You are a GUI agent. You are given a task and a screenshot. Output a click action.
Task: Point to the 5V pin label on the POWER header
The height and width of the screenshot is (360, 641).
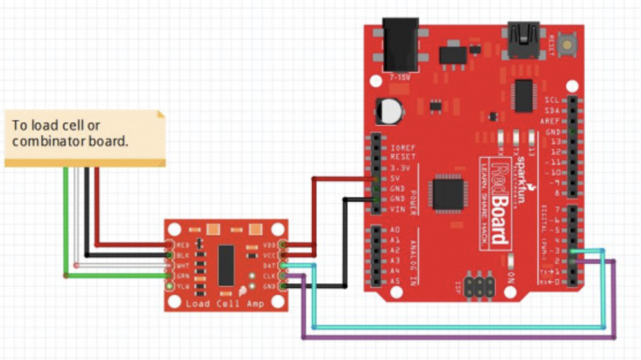(x=395, y=178)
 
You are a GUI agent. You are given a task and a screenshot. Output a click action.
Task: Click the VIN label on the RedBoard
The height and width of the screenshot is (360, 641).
(x=397, y=209)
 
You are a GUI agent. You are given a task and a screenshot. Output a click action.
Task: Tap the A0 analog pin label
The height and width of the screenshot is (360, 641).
(x=394, y=229)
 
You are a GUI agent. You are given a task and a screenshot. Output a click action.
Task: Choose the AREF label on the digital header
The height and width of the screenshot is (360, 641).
(x=550, y=121)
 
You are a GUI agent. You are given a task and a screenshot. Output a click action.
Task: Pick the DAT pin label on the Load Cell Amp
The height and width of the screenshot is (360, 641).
(x=269, y=265)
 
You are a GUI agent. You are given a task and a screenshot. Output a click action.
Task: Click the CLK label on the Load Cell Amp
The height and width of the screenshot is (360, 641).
(x=269, y=275)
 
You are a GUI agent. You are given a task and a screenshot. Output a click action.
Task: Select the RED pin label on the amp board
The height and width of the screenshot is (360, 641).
(x=183, y=245)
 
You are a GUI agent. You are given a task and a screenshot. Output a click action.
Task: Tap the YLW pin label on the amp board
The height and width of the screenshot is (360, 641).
(x=183, y=286)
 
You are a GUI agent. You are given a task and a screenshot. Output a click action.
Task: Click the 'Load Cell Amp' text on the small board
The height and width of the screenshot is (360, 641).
(x=224, y=303)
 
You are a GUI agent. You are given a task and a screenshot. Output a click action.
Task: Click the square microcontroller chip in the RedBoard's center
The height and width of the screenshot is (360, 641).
(x=448, y=193)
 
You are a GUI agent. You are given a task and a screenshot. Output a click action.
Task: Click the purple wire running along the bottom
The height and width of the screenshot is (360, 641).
(x=460, y=338)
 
